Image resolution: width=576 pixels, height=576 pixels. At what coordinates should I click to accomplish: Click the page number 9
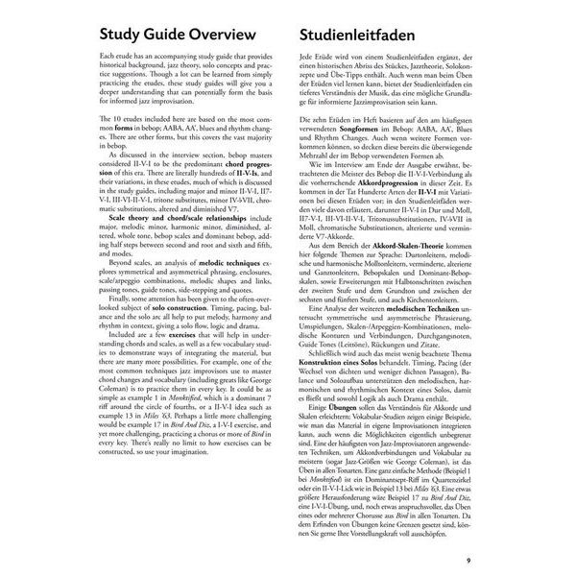(467, 561)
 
